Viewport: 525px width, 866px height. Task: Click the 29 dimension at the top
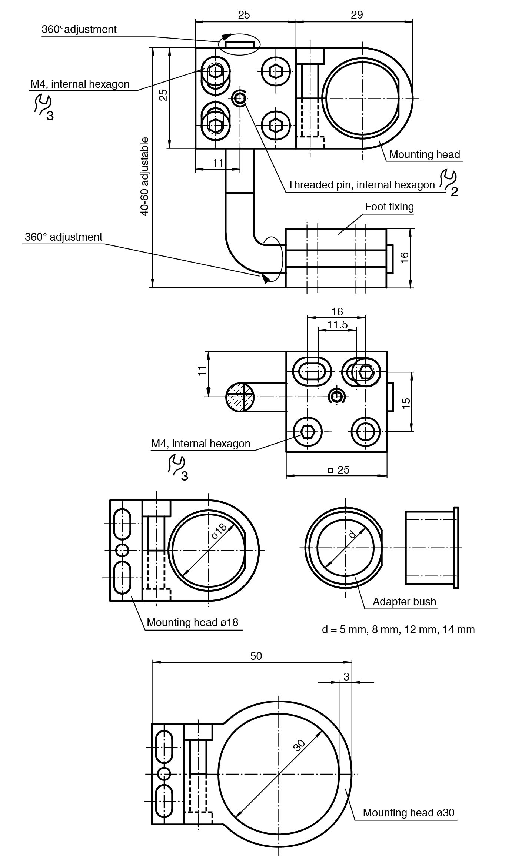point(356,15)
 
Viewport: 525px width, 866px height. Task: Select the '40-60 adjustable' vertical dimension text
point(145,177)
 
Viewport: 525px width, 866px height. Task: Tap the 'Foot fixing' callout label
point(389,207)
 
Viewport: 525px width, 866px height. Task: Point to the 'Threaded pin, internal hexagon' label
point(361,185)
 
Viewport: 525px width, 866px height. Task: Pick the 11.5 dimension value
point(338,325)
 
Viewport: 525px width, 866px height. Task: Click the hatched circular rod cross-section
point(240,397)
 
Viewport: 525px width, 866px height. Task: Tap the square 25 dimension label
point(339,469)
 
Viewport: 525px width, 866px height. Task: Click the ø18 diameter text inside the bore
point(220,531)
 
